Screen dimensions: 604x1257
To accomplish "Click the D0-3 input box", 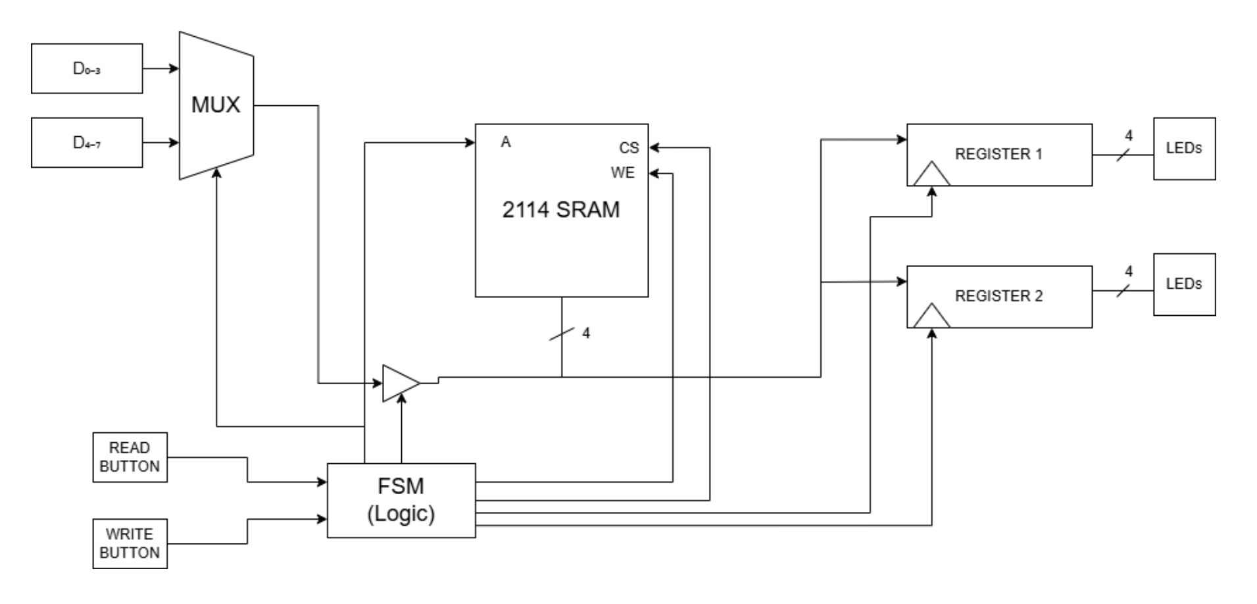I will pyautogui.click(x=87, y=68).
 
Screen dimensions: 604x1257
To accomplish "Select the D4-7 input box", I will pyautogui.click(x=87, y=143).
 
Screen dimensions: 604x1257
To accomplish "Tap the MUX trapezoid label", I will pyautogui.click(x=216, y=105).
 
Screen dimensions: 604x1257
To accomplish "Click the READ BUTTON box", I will pyautogui.click(x=130, y=457).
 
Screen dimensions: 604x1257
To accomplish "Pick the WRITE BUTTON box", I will pyautogui.click(x=130, y=543).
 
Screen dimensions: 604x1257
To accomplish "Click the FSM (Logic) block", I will pyautogui.click(x=401, y=500).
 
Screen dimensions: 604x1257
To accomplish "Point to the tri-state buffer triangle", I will pyautogui.click(x=399, y=383).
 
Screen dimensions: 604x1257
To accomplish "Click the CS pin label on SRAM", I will pyautogui.click(x=629, y=148).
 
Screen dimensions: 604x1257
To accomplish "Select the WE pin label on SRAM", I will pyautogui.click(x=623, y=173).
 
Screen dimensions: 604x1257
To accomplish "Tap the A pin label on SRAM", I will pyautogui.click(x=505, y=142).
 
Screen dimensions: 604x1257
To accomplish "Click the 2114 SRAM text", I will pyautogui.click(x=560, y=209).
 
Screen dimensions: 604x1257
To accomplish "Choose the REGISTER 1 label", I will pyautogui.click(x=998, y=154).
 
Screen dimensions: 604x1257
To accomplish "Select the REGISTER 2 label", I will pyautogui.click(x=998, y=296).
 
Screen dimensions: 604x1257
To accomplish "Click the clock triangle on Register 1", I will pyautogui.click(x=932, y=175).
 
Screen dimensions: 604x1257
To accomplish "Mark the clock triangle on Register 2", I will pyautogui.click(x=932, y=316).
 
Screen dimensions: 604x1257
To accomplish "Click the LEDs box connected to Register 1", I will pyautogui.click(x=1183, y=149).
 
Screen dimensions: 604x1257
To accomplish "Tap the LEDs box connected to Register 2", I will pyautogui.click(x=1183, y=284).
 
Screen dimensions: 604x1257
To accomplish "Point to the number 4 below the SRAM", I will pyautogui.click(x=585, y=334).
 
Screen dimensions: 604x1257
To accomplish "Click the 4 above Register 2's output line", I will pyautogui.click(x=1128, y=271).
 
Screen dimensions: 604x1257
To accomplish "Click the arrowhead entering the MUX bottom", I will pyautogui.click(x=216, y=172).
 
